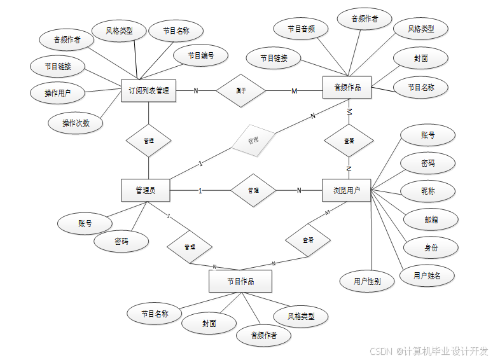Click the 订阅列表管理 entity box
(x=148, y=90)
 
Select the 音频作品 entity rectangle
(x=347, y=87)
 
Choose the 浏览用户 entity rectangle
(x=347, y=190)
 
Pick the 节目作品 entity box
(x=240, y=281)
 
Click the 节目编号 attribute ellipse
(x=200, y=56)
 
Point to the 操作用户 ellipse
(x=57, y=93)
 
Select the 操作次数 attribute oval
(x=76, y=123)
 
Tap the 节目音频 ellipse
(x=301, y=29)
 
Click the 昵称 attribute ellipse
(x=428, y=191)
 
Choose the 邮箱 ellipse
(x=431, y=219)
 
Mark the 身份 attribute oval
(x=431, y=247)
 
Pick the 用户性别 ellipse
(x=367, y=280)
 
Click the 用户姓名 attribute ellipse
(x=427, y=275)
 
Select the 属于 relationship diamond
(x=241, y=90)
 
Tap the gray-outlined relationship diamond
(x=253, y=140)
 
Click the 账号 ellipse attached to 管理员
(x=85, y=223)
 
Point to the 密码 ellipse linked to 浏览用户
(x=427, y=163)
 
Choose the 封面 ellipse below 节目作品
(x=209, y=323)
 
